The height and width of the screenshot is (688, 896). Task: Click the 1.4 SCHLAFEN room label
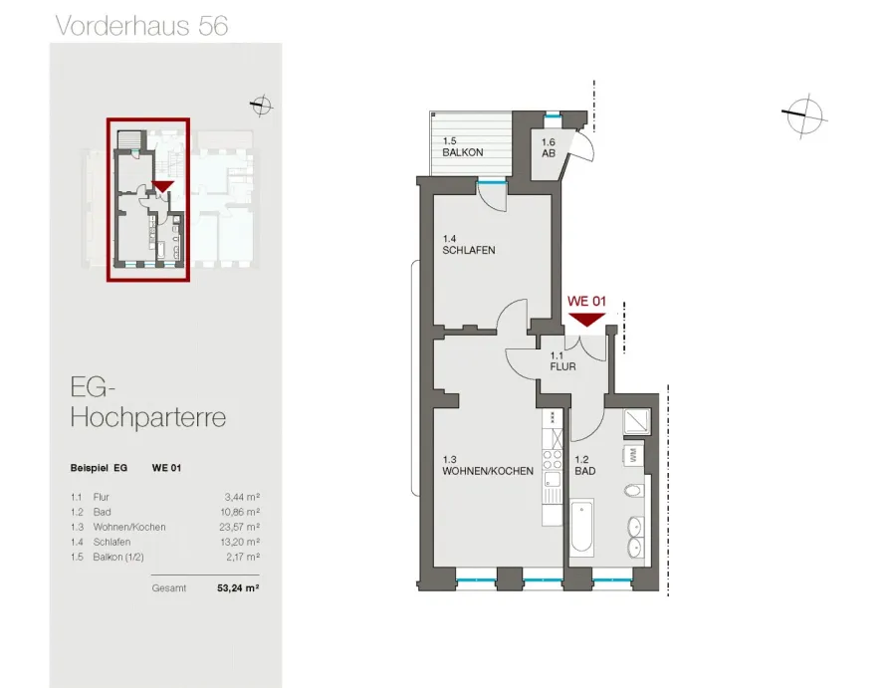click(469, 245)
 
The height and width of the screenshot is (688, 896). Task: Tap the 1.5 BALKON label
click(462, 146)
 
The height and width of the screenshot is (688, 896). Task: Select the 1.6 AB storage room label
click(549, 147)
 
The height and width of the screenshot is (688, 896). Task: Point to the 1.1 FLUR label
click(562, 361)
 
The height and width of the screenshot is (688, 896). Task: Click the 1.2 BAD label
click(585, 465)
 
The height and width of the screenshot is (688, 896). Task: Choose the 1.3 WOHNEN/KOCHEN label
click(488, 465)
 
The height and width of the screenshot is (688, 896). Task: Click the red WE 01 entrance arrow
click(586, 320)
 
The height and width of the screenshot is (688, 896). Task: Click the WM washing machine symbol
click(633, 455)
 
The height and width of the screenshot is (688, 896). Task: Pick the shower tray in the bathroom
click(636, 422)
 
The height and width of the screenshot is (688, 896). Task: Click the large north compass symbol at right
click(803, 115)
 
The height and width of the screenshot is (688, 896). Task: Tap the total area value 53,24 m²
click(238, 587)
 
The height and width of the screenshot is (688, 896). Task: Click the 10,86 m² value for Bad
click(240, 512)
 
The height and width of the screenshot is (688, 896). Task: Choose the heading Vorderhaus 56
click(141, 26)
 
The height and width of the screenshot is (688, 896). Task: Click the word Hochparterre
click(148, 417)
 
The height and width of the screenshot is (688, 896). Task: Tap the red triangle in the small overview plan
click(163, 187)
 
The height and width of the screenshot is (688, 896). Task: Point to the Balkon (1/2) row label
click(118, 557)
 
